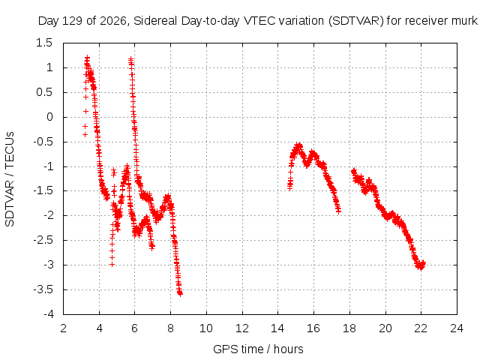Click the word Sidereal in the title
point(156,21)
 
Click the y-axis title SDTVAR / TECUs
point(10,179)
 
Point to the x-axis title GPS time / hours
point(258,349)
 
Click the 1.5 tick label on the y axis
point(44,43)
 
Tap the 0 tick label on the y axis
point(49,117)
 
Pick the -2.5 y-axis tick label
point(43,240)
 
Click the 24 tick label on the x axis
point(457,328)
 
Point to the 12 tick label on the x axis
point(242,328)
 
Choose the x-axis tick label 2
point(63,328)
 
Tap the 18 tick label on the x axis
point(349,328)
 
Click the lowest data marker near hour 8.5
point(180,294)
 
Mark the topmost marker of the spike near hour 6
point(130,58)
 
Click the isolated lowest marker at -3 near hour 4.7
point(112,265)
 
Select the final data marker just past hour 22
point(423,263)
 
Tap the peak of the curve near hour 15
point(298,145)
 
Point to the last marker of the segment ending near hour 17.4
point(338,211)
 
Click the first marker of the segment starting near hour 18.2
point(354,171)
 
